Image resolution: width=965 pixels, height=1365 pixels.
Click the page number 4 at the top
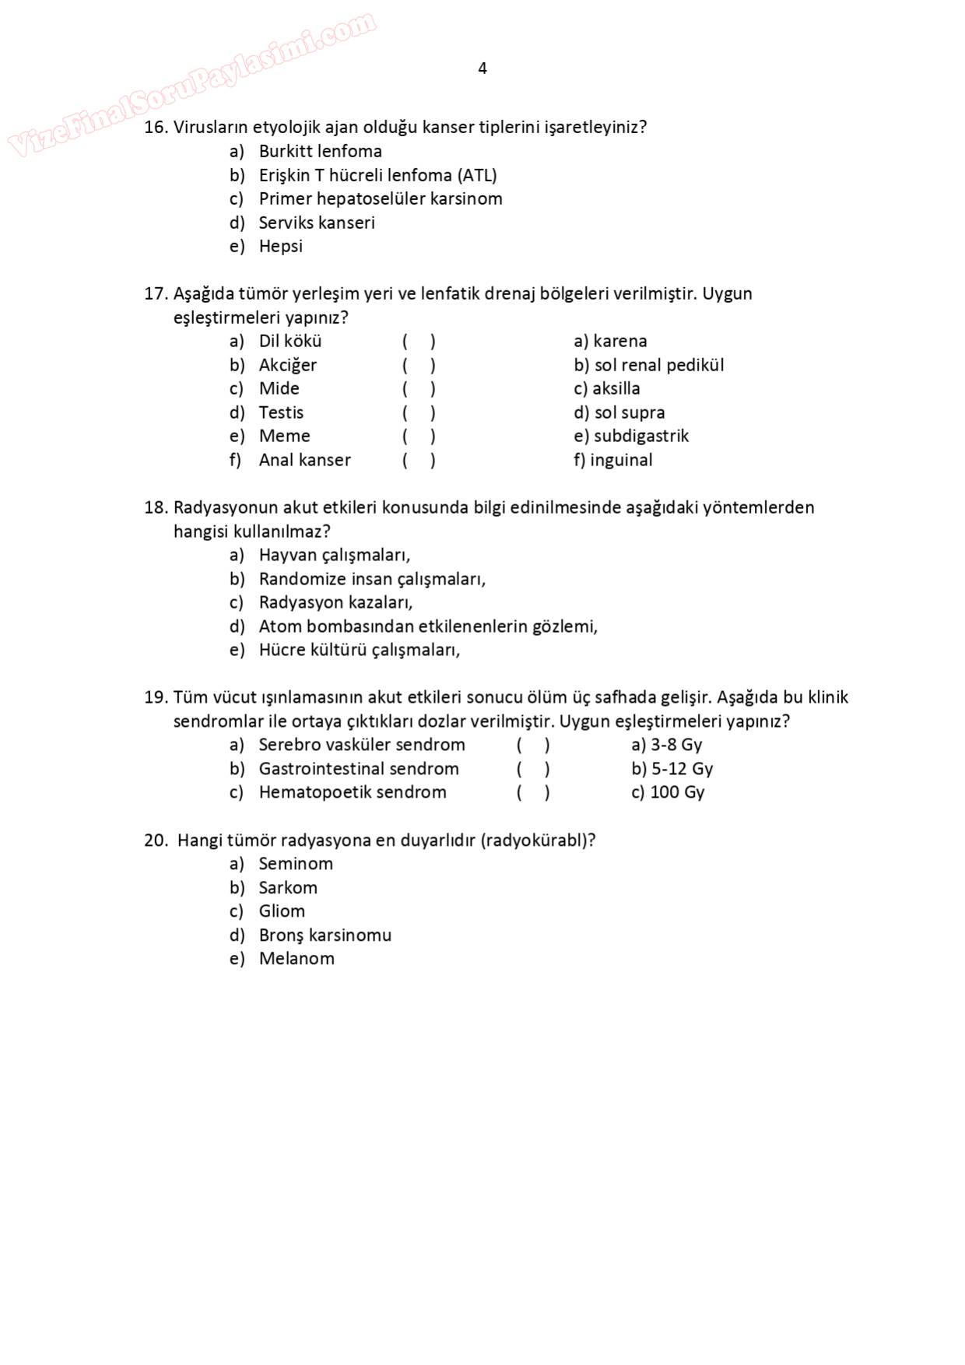[482, 68]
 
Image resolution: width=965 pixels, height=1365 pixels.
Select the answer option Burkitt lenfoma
[320, 151]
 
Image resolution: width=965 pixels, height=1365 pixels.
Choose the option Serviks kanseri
[317, 223]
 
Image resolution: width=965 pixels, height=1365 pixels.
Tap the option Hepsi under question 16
[280, 246]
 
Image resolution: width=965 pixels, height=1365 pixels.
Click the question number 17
[155, 293]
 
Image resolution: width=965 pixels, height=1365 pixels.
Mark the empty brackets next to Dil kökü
[419, 341]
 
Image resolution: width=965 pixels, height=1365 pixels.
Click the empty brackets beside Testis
[419, 412]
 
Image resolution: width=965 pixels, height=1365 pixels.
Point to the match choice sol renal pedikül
[658, 365]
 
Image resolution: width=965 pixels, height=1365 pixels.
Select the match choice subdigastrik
[640, 436]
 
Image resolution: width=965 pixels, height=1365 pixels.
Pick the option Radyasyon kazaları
[335, 602]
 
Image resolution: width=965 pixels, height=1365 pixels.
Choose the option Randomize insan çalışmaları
[372, 579]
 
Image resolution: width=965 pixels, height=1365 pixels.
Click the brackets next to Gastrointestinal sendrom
[533, 769]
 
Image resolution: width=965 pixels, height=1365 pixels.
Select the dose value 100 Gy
[677, 792]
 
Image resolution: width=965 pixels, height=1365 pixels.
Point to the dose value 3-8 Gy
[676, 745]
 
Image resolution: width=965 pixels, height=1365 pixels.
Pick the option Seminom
[296, 864]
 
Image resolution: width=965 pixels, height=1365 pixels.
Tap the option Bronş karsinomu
[325, 935]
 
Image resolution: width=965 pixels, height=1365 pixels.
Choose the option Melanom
[297, 959]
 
